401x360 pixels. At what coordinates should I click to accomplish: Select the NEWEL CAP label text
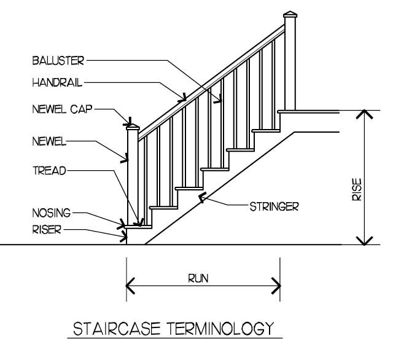point(63,109)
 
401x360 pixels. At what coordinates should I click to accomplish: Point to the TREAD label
point(49,169)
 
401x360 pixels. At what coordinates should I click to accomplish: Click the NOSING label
point(52,214)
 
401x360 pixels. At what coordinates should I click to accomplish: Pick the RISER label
point(48,230)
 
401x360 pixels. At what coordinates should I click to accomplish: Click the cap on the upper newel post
point(290,17)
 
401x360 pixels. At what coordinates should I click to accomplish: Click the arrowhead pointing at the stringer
point(200,198)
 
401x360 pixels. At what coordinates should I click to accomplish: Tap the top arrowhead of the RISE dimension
point(365,115)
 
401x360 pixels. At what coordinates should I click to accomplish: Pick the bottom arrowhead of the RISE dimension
point(365,240)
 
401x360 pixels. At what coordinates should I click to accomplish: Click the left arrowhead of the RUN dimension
point(130,286)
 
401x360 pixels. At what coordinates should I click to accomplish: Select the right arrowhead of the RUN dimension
point(277,286)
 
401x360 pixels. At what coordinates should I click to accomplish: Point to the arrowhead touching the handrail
point(182,96)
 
